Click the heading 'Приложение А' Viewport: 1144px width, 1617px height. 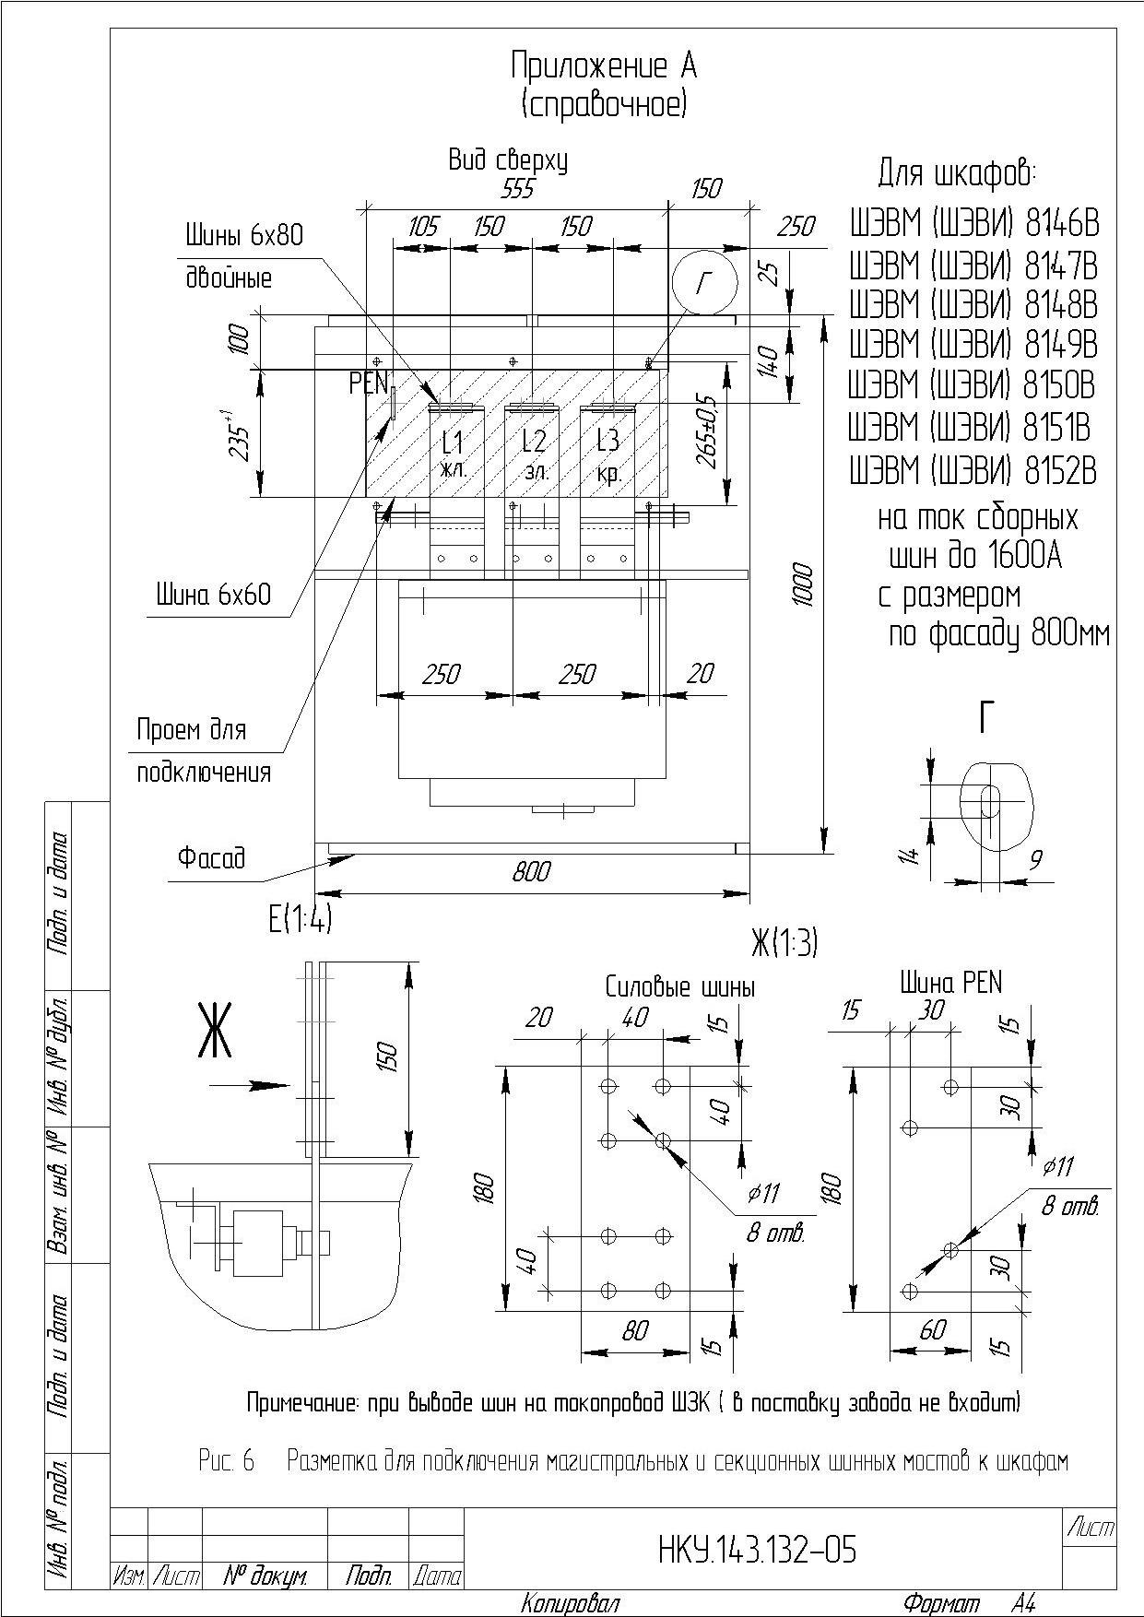[604, 66]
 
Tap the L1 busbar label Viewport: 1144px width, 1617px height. [453, 442]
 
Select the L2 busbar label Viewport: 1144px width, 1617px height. [534, 441]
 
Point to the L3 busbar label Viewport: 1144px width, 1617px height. [607, 441]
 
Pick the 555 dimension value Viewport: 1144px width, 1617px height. [517, 189]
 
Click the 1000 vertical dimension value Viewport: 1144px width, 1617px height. [804, 584]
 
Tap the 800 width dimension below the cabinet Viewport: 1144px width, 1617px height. [532, 871]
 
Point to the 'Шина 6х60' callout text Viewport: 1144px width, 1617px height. [213, 595]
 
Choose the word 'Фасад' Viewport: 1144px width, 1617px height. [211, 857]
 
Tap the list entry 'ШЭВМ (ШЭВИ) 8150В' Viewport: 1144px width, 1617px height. [973, 385]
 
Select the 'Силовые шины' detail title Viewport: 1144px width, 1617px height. [680, 987]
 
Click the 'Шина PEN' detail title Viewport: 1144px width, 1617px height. [950, 983]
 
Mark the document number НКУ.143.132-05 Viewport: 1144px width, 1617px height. [758, 1551]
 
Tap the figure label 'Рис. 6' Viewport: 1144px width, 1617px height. [226, 1461]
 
